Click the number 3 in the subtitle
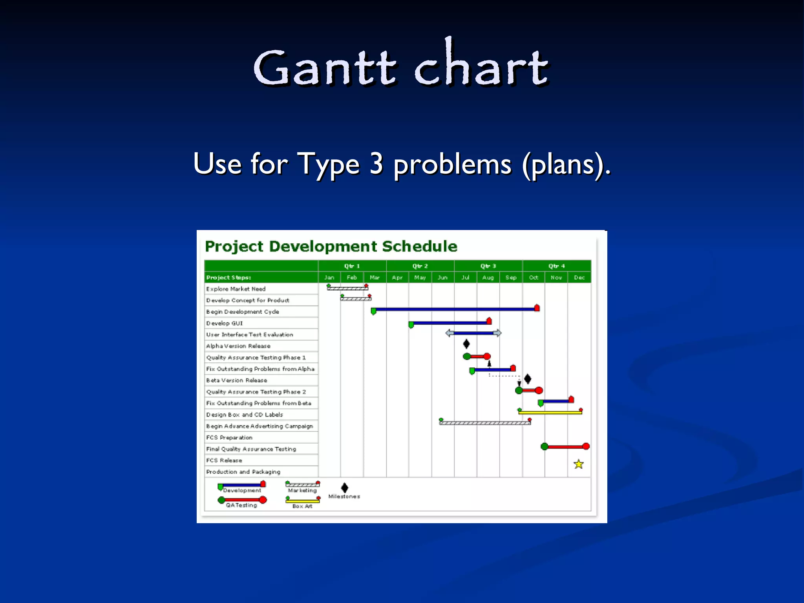pyautogui.click(x=376, y=164)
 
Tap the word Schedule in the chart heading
pyautogui.click(x=420, y=247)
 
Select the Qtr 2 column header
pyautogui.click(x=420, y=266)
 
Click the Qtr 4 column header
pyautogui.click(x=556, y=266)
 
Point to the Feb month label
pyautogui.click(x=352, y=278)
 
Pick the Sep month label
pyautogui.click(x=511, y=278)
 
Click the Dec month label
pyautogui.click(x=579, y=278)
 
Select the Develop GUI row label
pyautogui.click(x=225, y=323)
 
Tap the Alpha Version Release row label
pyautogui.click(x=238, y=346)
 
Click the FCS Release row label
pyautogui.click(x=224, y=460)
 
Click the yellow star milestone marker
pyautogui.click(x=579, y=464)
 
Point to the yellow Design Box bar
pyautogui.click(x=550, y=413)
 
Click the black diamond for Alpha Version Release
pyautogui.click(x=466, y=344)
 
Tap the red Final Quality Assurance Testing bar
pyautogui.click(x=565, y=447)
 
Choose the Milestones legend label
pyautogui.click(x=344, y=497)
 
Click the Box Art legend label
pyautogui.click(x=302, y=506)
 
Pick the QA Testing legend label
pyautogui.click(x=241, y=505)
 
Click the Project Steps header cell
pyautogui.click(x=228, y=278)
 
